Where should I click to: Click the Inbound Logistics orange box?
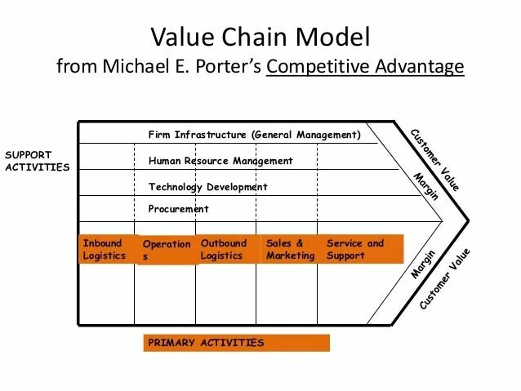pyautogui.click(x=105, y=249)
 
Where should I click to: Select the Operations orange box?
pyautogui.click(x=167, y=250)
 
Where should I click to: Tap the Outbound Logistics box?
pyautogui.click(x=224, y=249)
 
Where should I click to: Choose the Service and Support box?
pyautogui.click(x=359, y=249)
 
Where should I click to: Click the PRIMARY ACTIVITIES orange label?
pyautogui.click(x=237, y=343)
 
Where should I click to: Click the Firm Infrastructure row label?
pyautogui.click(x=254, y=135)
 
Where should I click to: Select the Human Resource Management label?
pyautogui.click(x=220, y=161)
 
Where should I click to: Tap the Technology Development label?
pyautogui.click(x=207, y=187)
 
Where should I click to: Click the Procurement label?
pyautogui.click(x=178, y=209)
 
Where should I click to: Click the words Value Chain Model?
pyautogui.click(x=260, y=37)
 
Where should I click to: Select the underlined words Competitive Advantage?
pyautogui.click(x=365, y=66)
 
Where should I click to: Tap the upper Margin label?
pyautogui.click(x=426, y=186)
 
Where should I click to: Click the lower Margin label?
pyautogui.click(x=423, y=264)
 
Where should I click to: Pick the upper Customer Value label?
pyautogui.click(x=435, y=159)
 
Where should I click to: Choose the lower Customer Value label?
pyautogui.click(x=445, y=278)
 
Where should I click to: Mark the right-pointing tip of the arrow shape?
pyautogui.click(x=469, y=221)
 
